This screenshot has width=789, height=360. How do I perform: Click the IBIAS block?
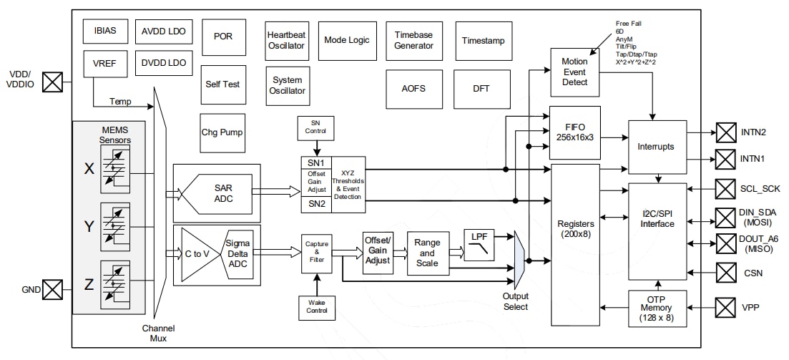tap(104, 31)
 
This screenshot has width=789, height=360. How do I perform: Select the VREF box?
tap(104, 63)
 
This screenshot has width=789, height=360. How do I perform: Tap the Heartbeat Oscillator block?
tap(286, 40)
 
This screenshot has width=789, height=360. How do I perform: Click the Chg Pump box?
tap(222, 132)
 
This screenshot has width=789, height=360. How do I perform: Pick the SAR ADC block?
tap(222, 193)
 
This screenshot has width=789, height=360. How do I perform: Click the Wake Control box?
tap(317, 306)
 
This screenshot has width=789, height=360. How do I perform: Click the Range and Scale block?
tap(428, 253)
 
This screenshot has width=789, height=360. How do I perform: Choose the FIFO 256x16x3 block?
tap(574, 132)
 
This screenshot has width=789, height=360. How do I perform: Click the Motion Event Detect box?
tap(574, 72)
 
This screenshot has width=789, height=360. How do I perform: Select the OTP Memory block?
tap(657, 308)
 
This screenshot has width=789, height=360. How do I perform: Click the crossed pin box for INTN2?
tap(726, 133)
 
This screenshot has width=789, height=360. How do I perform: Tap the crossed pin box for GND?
tap(52, 290)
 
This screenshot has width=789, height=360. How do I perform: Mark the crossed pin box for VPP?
tap(726, 308)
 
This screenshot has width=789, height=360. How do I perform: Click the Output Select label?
tap(515, 301)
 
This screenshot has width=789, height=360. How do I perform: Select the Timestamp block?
tap(483, 40)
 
